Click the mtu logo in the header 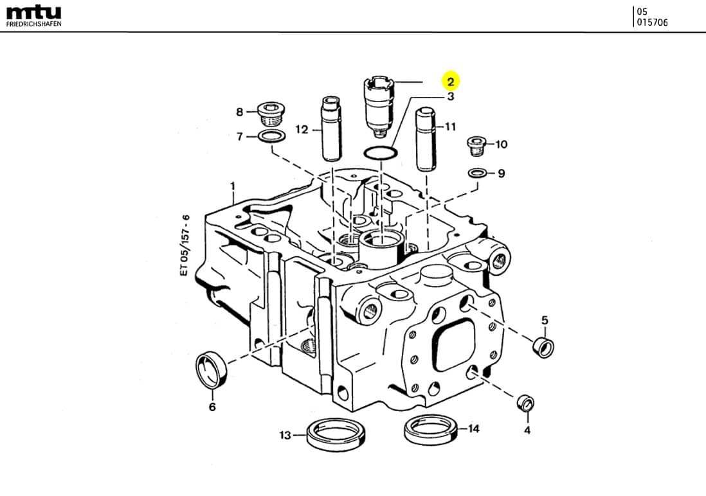(x=33, y=12)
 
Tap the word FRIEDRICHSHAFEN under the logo (x=33, y=24)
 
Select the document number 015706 (x=652, y=22)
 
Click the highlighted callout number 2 (x=451, y=82)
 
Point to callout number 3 (x=451, y=96)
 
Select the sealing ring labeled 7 (x=272, y=137)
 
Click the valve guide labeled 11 (x=426, y=138)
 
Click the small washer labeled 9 (x=477, y=173)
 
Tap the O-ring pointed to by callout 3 (x=380, y=153)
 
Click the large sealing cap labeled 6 (x=211, y=370)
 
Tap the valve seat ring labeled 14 (x=431, y=429)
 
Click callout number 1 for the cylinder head (x=233, y=186)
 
